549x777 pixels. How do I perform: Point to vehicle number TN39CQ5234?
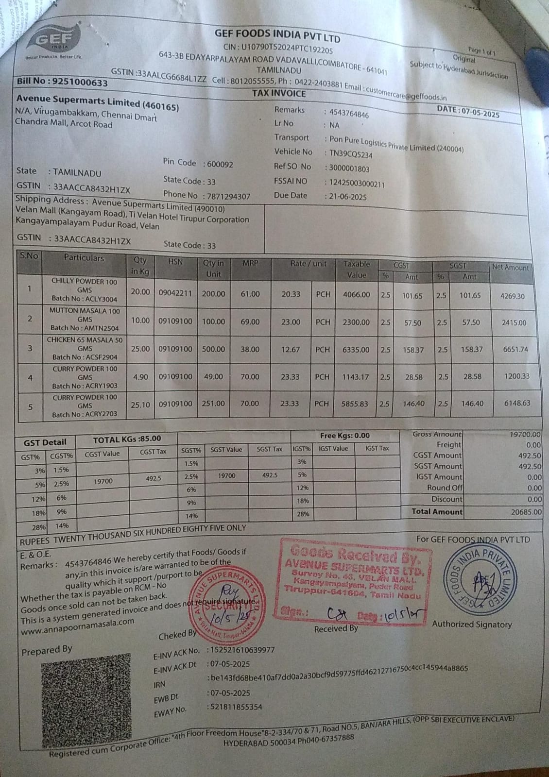[x=351, y=154]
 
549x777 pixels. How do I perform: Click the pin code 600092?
[x=220, y=164]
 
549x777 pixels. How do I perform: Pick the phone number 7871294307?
[x=228, y=196]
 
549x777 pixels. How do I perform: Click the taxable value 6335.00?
[x=356, y=349]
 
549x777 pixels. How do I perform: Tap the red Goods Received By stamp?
[x=354, y=578]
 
